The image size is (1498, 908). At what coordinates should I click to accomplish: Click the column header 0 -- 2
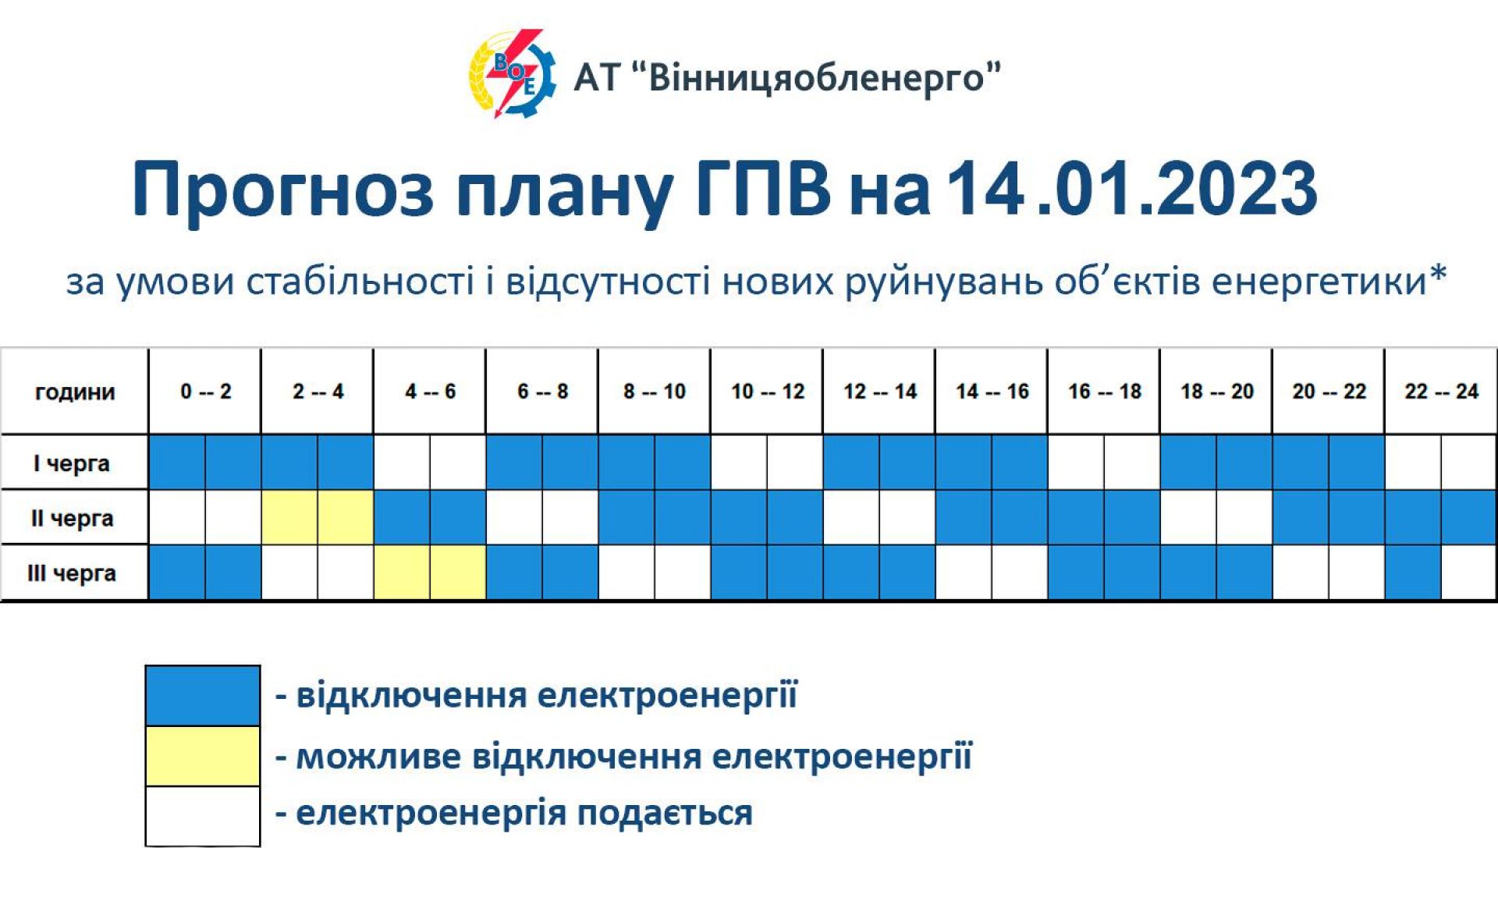[x=205, y=391]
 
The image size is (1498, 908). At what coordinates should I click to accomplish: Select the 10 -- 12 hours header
[x=767, y=391]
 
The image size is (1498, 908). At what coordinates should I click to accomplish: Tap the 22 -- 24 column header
[x=1441, y=391]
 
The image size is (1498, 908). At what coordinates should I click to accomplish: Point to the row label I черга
[x=72, y=463]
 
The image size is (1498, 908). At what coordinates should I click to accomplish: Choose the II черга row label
[x=72, y=518]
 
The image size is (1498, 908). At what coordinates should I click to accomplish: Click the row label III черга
[x=72, y=573]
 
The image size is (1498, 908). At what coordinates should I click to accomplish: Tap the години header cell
[x=75, y=391]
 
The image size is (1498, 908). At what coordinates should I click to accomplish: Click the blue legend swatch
[x=203, y=695]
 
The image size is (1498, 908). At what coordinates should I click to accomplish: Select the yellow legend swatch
[x=203, y=756]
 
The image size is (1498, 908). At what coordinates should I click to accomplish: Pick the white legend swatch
[x=203, y=816]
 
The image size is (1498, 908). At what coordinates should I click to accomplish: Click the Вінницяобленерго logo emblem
[x=512, y=74]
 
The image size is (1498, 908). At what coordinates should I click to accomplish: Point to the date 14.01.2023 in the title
[x=1132, y=189]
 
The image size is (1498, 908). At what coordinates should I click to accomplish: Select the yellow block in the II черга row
[x=318, y=517]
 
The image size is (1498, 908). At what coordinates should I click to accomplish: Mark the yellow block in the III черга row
[x=430, y=573]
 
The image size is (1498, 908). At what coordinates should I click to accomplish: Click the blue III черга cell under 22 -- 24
[x=1413, y=573]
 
